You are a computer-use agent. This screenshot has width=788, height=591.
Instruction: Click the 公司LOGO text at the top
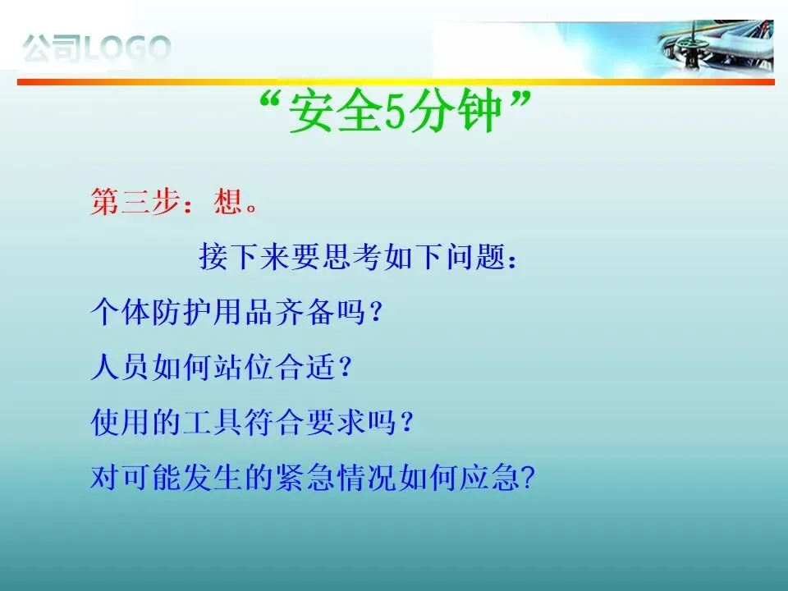point(96,48)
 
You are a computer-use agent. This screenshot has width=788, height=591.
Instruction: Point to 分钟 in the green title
point(454,111)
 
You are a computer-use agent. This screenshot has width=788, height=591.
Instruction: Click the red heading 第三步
point(135,202)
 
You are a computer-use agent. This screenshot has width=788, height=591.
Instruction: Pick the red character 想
point(229,202)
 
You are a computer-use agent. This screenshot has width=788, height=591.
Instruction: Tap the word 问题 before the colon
point(476,256)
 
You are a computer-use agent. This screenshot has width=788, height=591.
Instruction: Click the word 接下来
point(245,256)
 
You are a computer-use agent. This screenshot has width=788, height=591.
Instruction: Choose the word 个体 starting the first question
point(120,312)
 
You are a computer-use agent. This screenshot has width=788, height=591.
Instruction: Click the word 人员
point(120,367)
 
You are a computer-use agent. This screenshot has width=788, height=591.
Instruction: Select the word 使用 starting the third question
point(120,422)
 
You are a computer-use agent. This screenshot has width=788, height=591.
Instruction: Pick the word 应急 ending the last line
point(490,478)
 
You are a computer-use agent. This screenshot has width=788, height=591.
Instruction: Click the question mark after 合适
point(345,368)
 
